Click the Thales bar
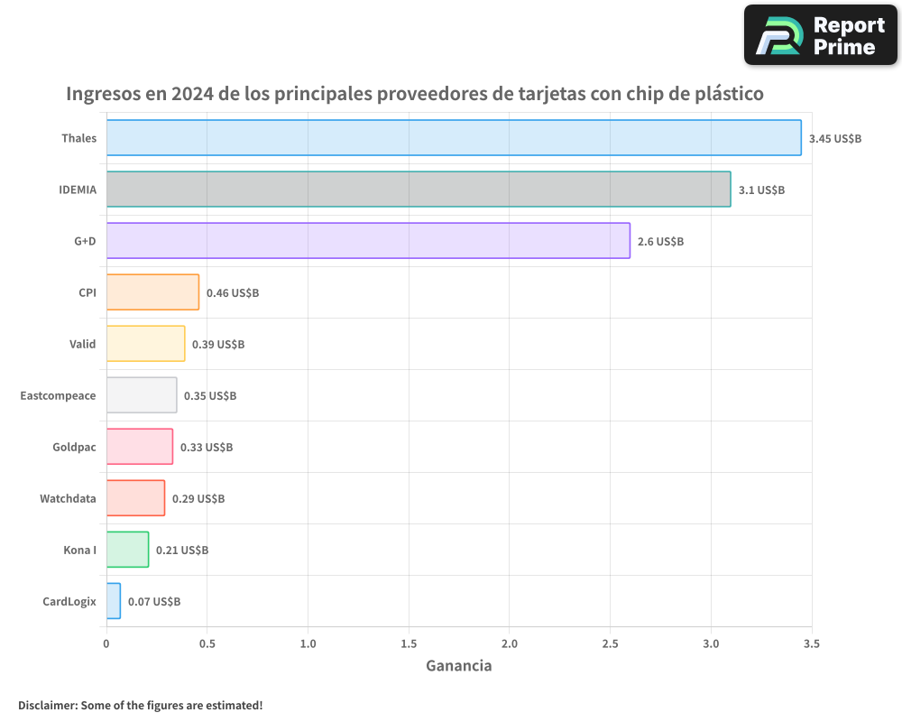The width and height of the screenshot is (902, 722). click(454, 138)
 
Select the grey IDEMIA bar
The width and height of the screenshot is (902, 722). click(419, 190)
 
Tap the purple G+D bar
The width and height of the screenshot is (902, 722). click(368, 241)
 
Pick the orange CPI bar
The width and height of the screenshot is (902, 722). click(152, 292)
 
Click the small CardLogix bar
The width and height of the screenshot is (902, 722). click(114, 601)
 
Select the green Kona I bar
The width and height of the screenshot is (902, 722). click(127, 550)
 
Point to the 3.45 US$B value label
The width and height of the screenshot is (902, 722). click(835, 139)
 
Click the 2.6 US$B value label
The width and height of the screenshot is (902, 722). click(660, 242)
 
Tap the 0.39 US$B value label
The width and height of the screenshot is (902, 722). click(218, 345)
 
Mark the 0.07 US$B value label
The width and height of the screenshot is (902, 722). click(154, 602)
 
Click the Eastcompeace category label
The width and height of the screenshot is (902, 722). click(58, 395)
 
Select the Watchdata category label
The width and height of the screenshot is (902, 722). click(68, 498)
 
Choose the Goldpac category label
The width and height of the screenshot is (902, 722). click(74, 447)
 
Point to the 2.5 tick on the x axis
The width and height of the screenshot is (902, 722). click(610, 643)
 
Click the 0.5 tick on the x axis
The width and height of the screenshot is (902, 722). click(207, 643)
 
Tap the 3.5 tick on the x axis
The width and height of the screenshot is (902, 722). click(811, 643)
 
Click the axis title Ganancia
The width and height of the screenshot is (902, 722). click(458, 666)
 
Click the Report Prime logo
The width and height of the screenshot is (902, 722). click(820, 35)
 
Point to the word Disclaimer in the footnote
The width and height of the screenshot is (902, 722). click(47, 705)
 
